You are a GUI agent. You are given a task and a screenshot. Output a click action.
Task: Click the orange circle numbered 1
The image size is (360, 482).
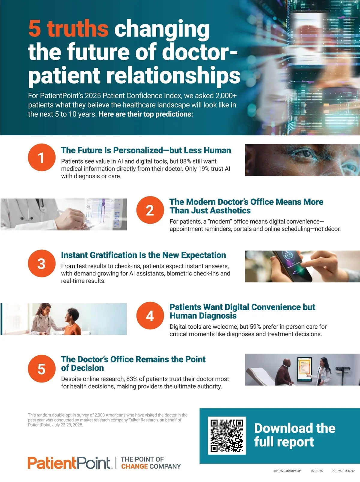coord(41,158)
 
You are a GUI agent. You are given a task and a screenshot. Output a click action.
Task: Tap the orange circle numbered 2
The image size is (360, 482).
coord(150,210)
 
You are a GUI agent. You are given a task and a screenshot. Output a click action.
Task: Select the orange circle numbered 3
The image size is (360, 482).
coord(41,263)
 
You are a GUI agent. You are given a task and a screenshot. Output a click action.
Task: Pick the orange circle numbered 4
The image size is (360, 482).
coord(150,315)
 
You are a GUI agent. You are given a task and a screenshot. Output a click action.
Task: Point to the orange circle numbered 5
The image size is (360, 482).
coord(41,369)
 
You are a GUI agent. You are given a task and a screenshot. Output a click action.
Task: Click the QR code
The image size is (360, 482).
coord(227,436)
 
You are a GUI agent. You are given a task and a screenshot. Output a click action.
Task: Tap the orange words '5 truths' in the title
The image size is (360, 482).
coord(68,29)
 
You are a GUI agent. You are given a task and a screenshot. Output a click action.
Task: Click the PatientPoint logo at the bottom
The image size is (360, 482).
coord(70,463)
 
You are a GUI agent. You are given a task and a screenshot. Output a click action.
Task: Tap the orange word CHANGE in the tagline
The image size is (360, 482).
coord(134,466)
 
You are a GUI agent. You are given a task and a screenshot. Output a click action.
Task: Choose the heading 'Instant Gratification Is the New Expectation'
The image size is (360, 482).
coord(144,255)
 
